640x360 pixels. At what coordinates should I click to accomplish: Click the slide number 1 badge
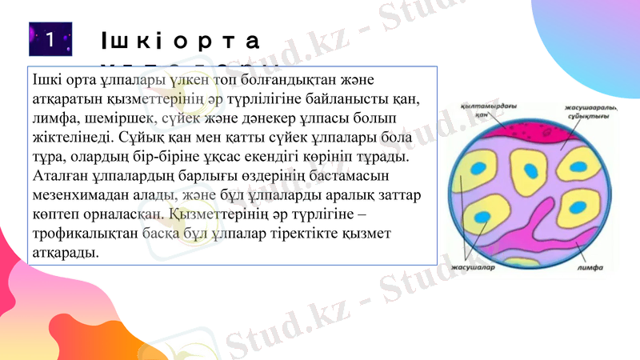coord(50,39)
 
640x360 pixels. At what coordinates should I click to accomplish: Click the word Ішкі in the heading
coord(131,41)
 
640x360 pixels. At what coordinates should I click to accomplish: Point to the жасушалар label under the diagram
coord(474,268)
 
